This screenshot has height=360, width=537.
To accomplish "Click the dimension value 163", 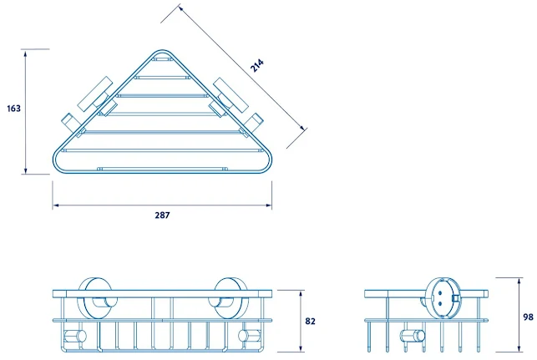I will point(13,109).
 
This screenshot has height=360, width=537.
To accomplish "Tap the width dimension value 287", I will point(162,215).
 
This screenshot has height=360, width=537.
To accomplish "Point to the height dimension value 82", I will point(310,322).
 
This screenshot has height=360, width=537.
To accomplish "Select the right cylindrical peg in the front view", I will point(247,336).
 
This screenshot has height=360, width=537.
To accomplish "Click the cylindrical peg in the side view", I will point(408,337).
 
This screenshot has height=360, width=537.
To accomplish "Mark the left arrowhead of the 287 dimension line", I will point(55,205).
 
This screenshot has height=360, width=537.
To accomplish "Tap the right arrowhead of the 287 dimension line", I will point(269,205).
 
